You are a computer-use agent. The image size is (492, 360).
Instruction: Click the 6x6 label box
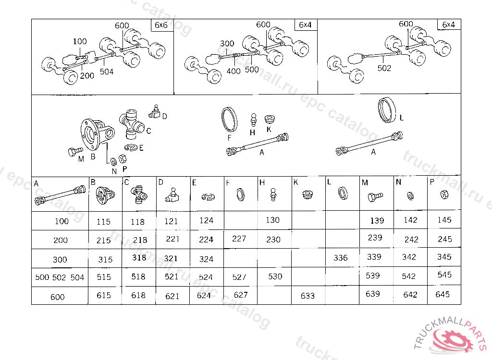click(162, 25)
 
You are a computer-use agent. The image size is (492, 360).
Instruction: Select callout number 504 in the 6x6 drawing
click(107, 72)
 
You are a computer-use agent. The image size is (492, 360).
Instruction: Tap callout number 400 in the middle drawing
click(234, 72)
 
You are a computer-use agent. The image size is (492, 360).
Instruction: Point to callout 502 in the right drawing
click(384, 68)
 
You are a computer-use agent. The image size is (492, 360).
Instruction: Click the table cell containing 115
click(103, 222)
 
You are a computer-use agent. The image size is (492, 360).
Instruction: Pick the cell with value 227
click(239, 239)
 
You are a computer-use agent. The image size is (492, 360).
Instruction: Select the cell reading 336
click(340, 258)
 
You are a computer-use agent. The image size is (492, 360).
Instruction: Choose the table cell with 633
click(307, 296)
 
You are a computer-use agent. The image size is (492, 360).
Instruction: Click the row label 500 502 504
click(60, 277)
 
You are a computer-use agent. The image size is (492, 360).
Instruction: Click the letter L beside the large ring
click(402, 118)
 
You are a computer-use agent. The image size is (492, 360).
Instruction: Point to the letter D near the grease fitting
click(164, 116)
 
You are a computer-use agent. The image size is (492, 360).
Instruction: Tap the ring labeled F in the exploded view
click(229, 119)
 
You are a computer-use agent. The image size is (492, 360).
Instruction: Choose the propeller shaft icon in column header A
click(60, 196)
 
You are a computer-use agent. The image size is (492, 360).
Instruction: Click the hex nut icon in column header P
click(444, 194)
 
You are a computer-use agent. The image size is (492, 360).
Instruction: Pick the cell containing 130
click(272, 220)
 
